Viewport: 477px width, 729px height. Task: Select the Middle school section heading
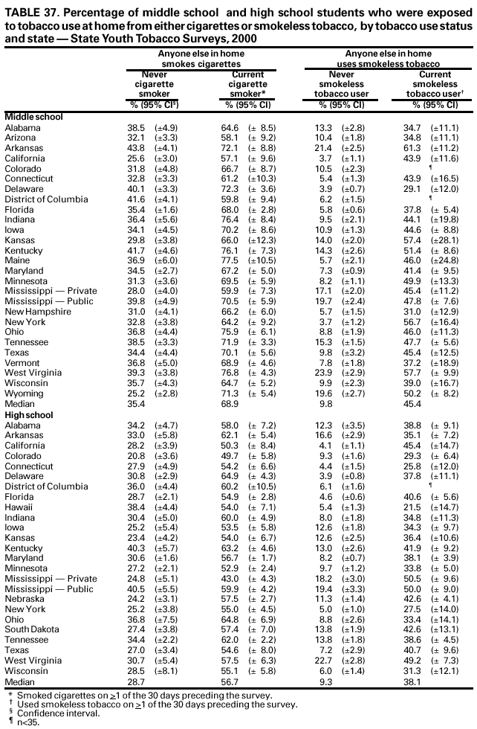pyautogui.click(x=33, y=118)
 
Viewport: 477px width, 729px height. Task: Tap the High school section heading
pyautogui.click(x=29, y=414)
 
